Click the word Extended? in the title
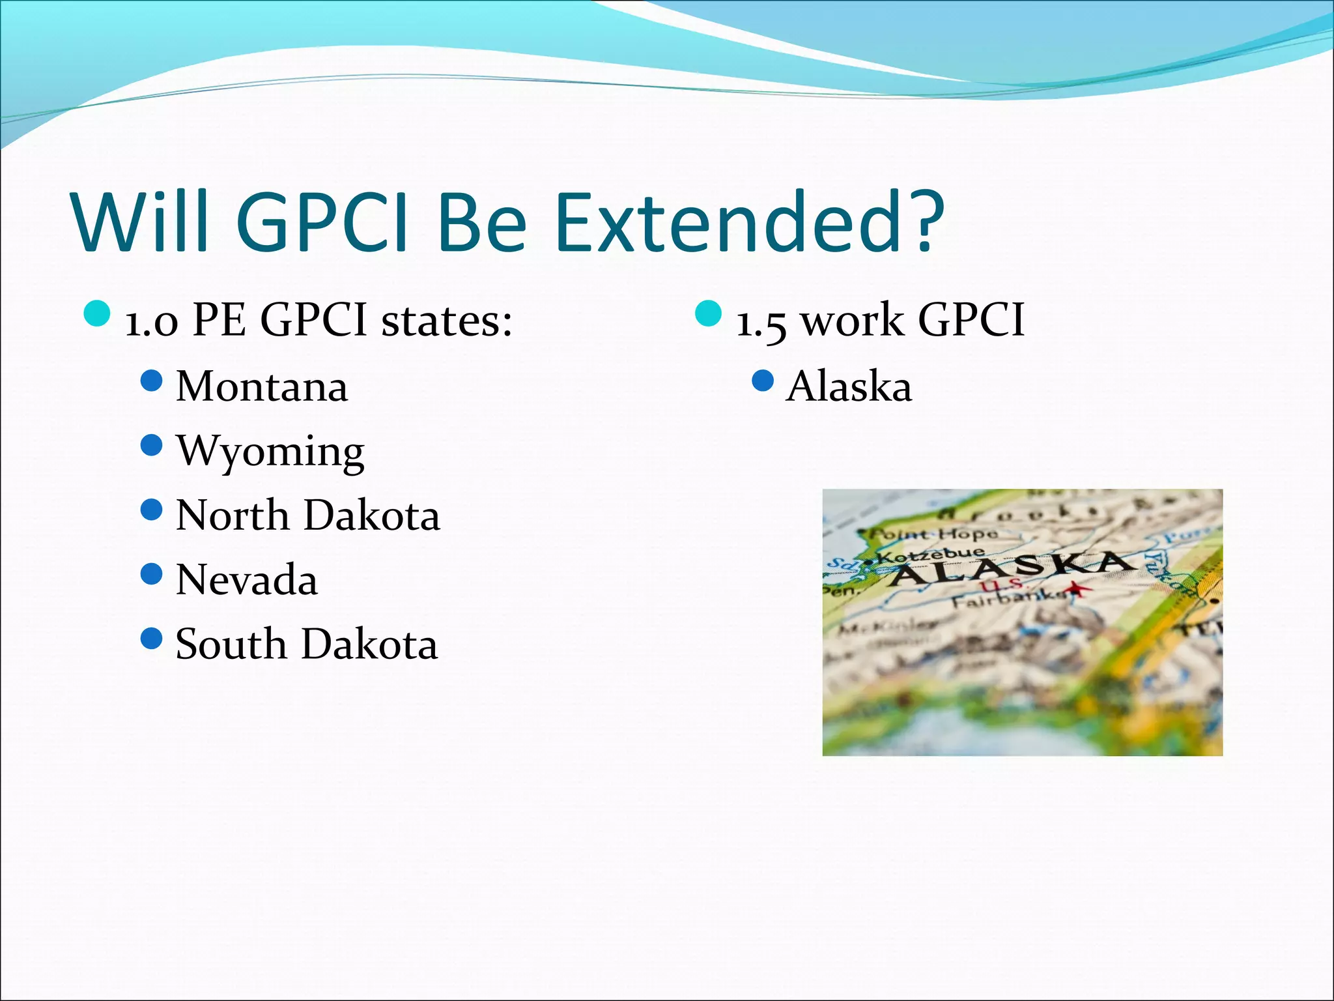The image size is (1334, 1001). pos(749,222)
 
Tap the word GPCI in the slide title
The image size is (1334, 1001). pos(322,222)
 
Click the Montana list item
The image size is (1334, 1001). pos(262,386)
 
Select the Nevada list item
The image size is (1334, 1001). pos(247,580)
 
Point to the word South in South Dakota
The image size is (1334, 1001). pos(231,645)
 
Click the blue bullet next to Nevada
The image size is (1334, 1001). pos(151,574)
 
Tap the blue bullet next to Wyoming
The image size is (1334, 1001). pos(151,446)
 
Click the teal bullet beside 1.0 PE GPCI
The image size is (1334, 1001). pos(97,313)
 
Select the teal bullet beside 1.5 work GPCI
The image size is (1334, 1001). pos(709,313)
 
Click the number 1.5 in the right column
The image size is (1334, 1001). pos(760,322)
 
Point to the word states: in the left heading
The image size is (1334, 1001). pos(447,321)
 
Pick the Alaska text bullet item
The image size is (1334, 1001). pos(849,386)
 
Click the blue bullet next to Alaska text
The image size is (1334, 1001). pos(762,381)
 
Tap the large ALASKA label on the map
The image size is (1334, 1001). pos(1010,568)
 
